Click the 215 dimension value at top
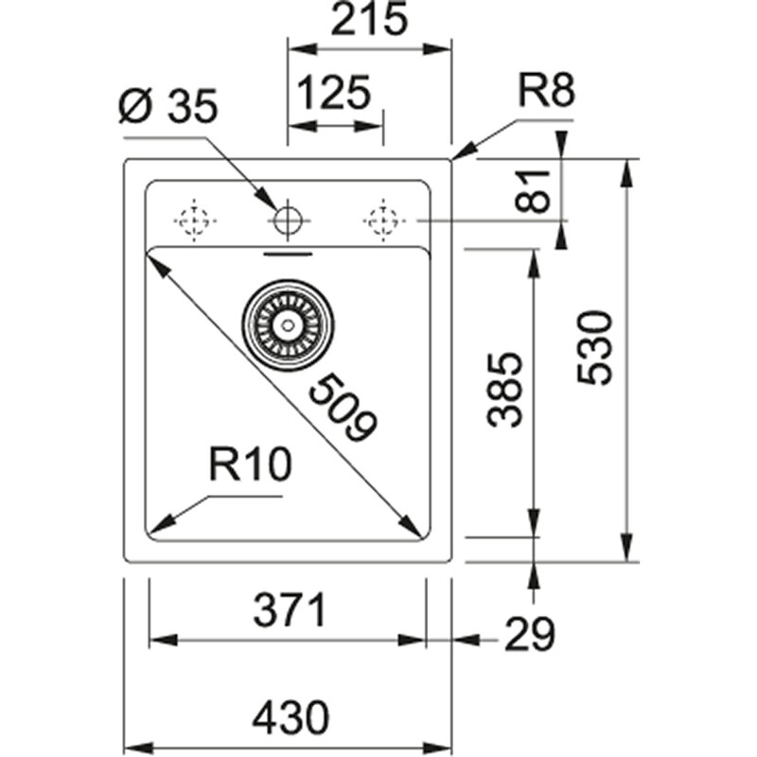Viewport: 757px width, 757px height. pos(370,20)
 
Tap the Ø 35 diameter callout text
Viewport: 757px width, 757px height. pos(168,108)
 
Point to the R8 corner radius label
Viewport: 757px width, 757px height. pos(546,94)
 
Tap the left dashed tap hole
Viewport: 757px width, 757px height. pos(195,221)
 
